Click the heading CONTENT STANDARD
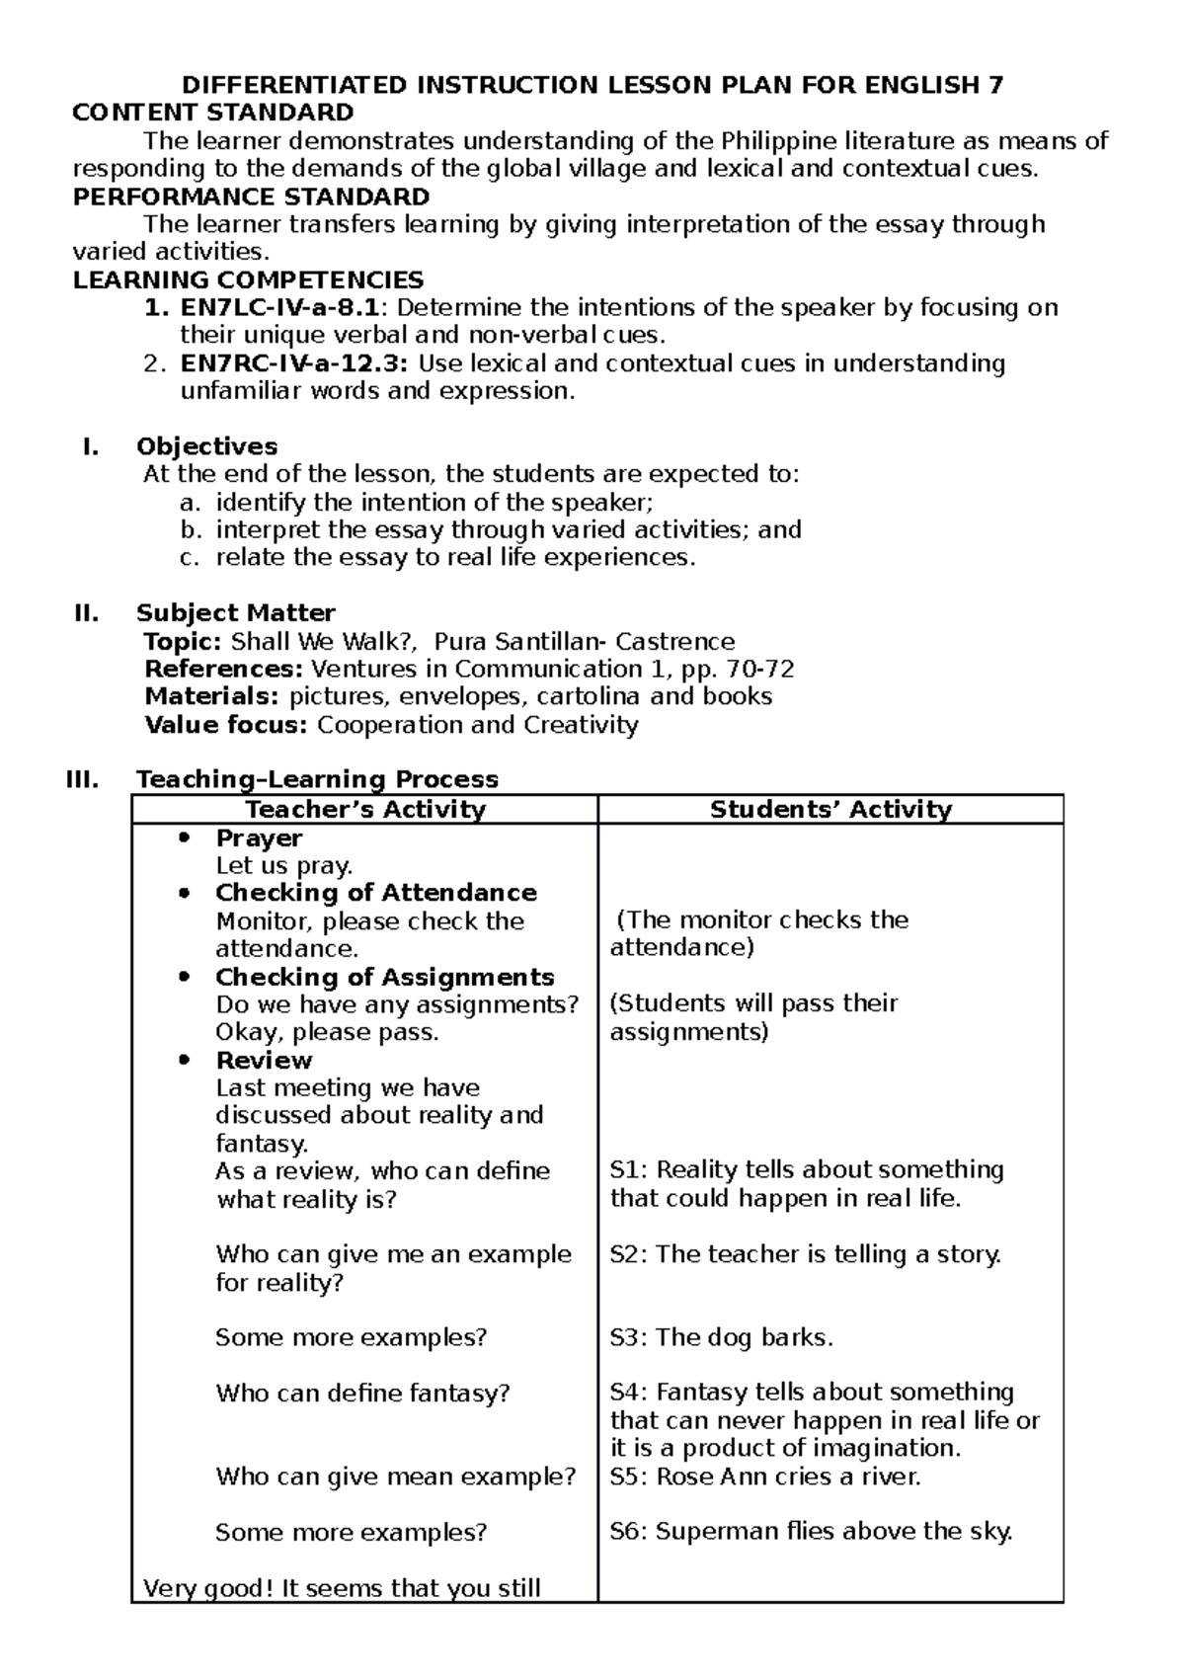click(x=213, y=113)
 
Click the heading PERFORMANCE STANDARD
click(x=251, y=196)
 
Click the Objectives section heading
click(x=206, y=446)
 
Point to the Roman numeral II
click(x=87, y=613)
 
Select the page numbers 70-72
click(x=759, y=669)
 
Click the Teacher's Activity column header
click(x=365, y=810)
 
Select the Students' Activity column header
click(x=830, y=810)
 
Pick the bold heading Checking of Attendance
click(x=376, y=893)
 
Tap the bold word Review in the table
click(x=264, y=1060)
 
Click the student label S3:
click(x=628, y=1338)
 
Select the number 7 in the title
click(x=996, y=85)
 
